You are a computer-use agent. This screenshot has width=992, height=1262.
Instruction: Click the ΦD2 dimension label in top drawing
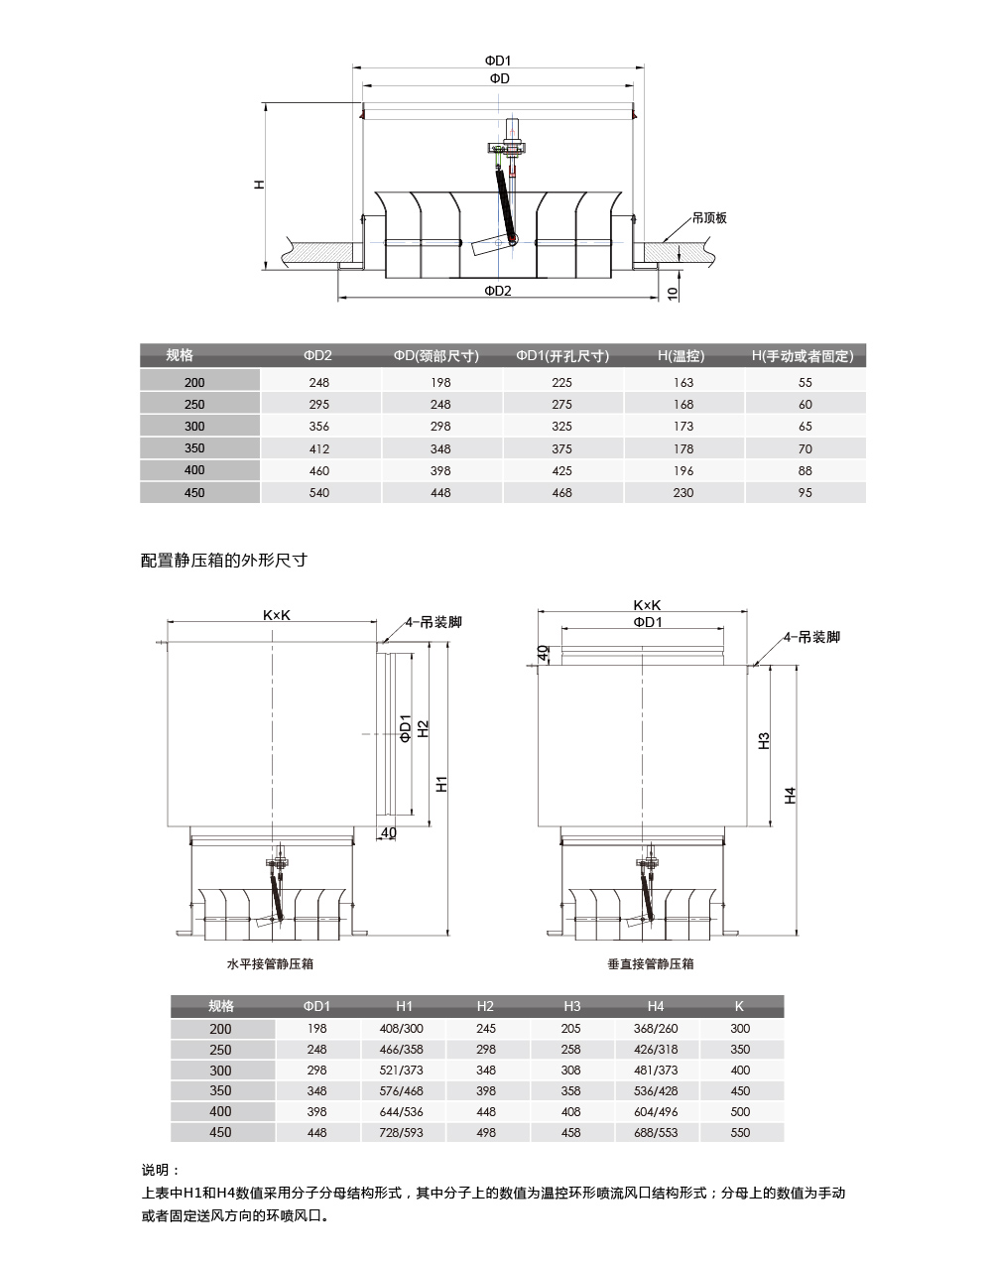(498, 291)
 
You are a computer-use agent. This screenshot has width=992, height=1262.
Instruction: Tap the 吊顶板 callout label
(709, 217)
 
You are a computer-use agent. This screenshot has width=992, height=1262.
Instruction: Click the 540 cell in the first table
(319, 492)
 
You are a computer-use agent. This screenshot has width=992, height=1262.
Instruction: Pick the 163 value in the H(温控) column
(683, 382)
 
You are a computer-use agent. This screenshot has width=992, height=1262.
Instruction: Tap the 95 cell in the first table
(805, 492)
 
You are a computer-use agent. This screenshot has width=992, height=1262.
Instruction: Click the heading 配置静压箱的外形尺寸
(224, 561)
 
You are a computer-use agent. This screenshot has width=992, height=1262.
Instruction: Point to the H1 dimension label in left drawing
(442, 784)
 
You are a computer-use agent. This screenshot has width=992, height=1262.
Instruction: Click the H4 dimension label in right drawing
(791, 795)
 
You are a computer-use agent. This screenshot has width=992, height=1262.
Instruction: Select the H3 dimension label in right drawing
(764, 740)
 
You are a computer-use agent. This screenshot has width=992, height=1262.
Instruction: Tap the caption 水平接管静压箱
(270, 963)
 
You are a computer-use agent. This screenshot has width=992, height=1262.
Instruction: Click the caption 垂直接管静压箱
(651, 963)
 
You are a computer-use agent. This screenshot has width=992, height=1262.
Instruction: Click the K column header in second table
(739, 1006)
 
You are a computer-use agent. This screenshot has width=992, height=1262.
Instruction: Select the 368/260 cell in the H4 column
(656, 1029)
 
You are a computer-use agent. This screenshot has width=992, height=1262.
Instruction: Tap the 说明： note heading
(161, 1171)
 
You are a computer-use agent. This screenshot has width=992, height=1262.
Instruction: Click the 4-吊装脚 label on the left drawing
(434, 622)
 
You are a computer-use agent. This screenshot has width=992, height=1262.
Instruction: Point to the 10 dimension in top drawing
(673, 293)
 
